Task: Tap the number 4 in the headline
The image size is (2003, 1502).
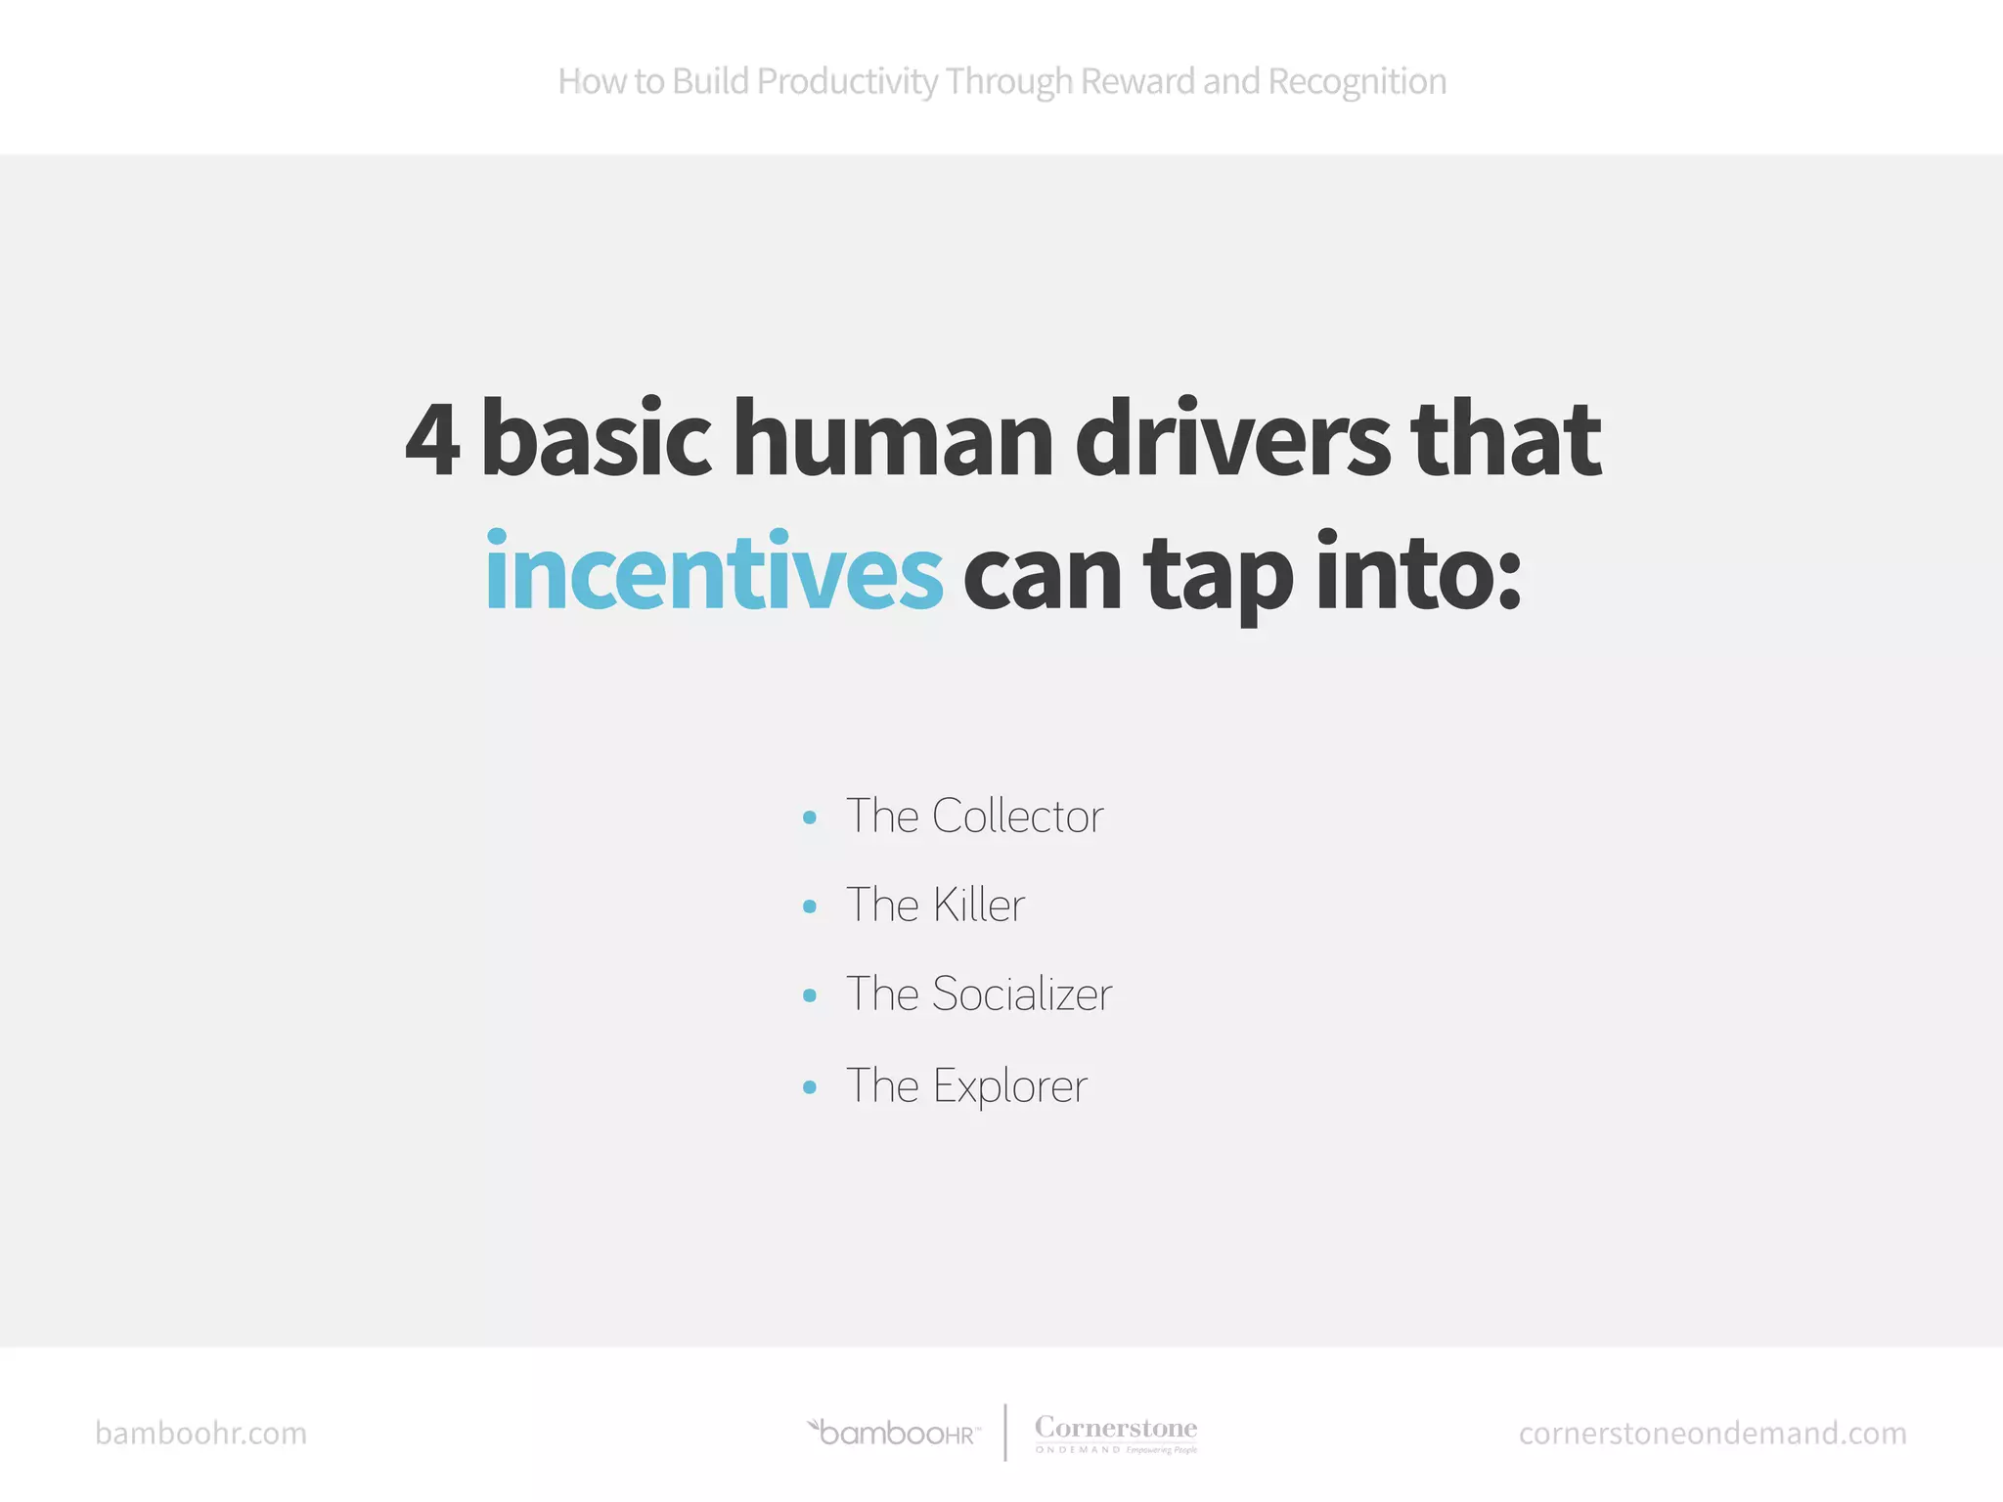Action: pos(432,440)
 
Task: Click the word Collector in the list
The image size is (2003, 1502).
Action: pos(1017,817)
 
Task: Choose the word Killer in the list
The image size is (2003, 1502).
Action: pos(978,906)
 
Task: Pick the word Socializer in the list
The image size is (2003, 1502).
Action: pos(1022,994)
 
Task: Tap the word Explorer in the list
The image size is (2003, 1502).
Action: pos(1009,1086)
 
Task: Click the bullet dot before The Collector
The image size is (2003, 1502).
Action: pos(809,817)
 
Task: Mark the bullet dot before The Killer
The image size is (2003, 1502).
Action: pos(809,906)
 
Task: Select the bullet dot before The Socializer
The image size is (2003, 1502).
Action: pos(809,995)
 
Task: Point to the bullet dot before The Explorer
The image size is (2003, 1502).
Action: pos(809,1086)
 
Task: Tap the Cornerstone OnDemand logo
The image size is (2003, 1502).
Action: pos(1116,1434)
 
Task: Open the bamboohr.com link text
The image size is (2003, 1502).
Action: pos(200,1434)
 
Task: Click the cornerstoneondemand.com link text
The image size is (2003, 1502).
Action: pos(1712,1434)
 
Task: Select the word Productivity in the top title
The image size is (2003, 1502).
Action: pos(847,82)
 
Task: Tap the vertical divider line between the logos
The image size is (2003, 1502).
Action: pos(1005,1433)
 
